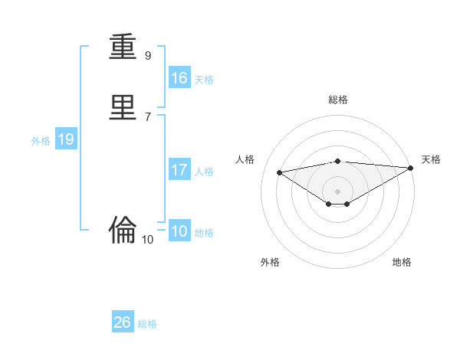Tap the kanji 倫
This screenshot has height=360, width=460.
pos(123,228)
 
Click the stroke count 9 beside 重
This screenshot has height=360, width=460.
pos(148,56)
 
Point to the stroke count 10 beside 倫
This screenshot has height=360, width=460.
pos(148,240)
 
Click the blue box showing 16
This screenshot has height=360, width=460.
pos(179,78)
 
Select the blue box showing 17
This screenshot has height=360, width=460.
pos(179,170)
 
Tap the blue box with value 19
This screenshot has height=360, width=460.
pos(65,139)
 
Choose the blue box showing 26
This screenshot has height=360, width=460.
pos(123,322)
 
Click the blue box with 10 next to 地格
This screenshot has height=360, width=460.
pos(179,231)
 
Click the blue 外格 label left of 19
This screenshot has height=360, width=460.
pos(41,141)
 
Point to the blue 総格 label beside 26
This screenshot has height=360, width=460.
pos(147,324)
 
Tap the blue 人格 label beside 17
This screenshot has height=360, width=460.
pos(204,172)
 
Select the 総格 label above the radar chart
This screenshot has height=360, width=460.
pos(338,100)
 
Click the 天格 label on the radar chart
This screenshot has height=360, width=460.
pos(431,159)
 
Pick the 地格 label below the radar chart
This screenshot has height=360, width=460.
pos(402,263)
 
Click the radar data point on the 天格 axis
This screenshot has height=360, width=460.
pos(411,168)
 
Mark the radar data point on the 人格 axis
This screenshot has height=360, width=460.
pos(279,172)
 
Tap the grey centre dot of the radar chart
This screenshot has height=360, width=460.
pos(338,191)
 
